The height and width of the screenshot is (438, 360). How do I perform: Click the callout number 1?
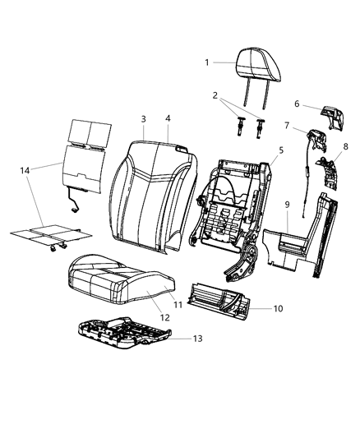pos(207,62)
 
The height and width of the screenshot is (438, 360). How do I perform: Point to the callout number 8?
pos(346,146)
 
